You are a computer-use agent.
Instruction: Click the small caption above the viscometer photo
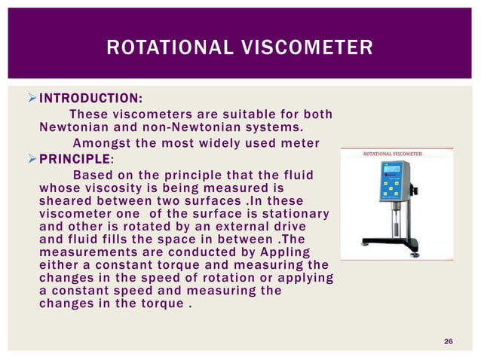coord(393,153)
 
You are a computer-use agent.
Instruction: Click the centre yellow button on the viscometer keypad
coord(391,188)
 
